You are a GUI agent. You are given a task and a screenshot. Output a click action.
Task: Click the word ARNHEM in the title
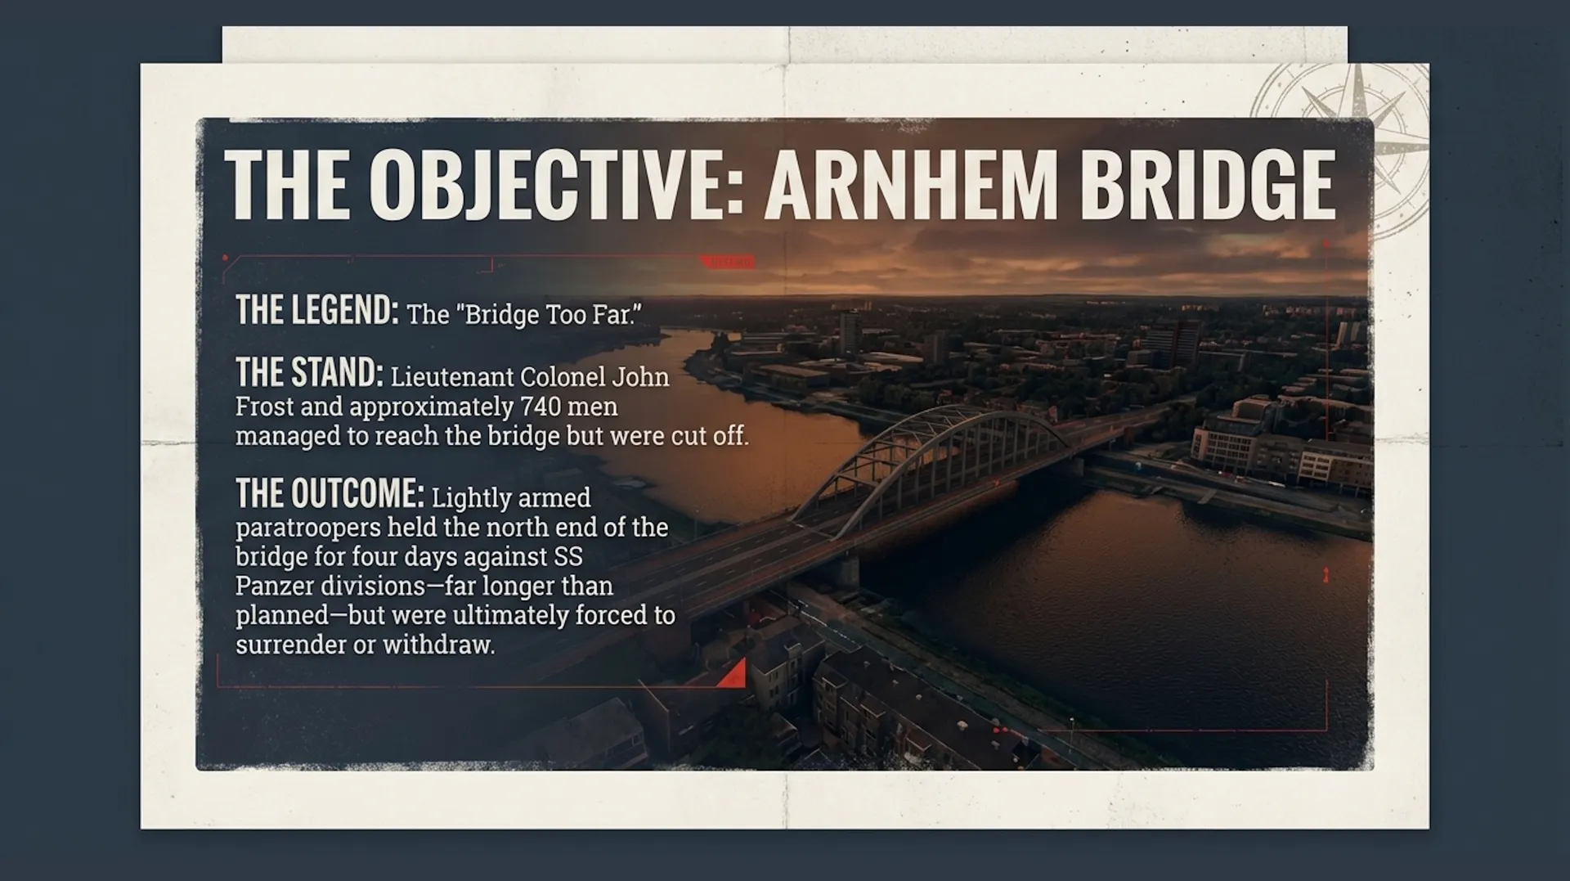coord(912,184)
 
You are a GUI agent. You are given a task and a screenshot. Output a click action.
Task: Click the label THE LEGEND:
coord(317,310)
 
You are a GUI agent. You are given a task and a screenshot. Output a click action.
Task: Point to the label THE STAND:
coord(309,372)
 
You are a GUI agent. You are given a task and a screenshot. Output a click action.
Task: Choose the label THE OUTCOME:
coord(330,493)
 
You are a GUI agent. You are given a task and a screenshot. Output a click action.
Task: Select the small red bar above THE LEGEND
coord(728,262)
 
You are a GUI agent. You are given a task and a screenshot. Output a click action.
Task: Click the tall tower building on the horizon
coord(850,331)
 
